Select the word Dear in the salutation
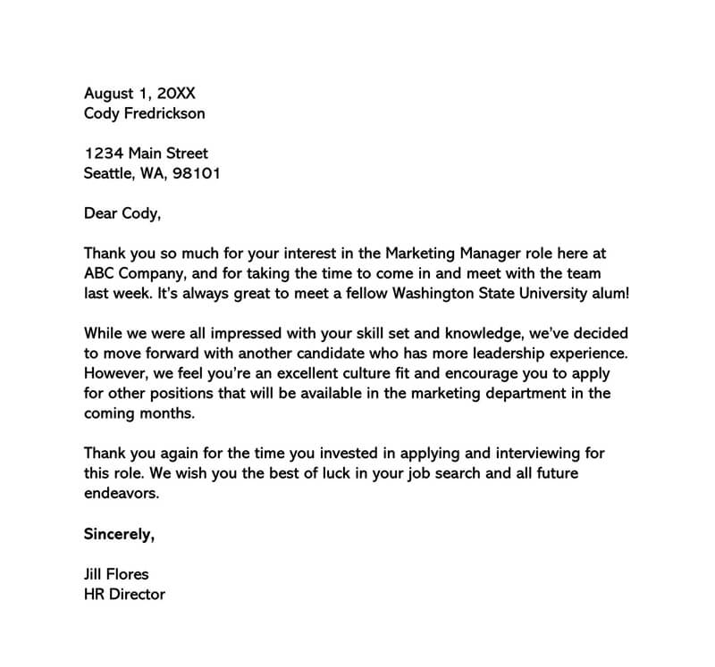(101, 213)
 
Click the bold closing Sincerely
(119, 534)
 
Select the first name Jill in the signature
(94, 573)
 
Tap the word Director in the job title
(138, 594)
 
